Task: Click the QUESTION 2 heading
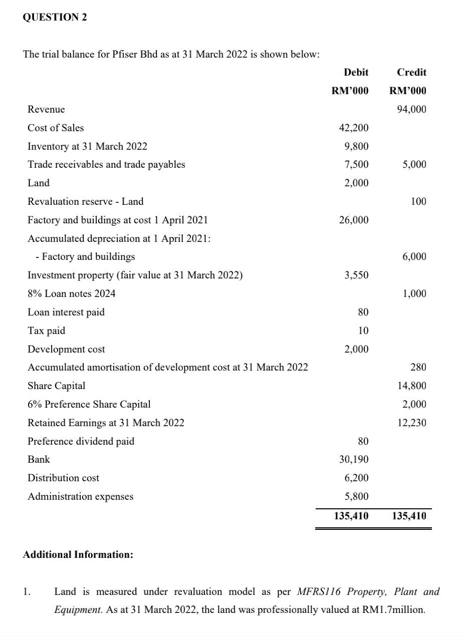tap(55, 17)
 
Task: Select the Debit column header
tap(356, 73)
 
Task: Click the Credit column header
tap(411, 73)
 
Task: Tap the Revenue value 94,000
tap(411, 110)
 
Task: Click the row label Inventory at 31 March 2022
tap(87, 146)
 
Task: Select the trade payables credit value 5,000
tap(414, 165)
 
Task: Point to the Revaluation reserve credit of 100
tap(418, 202)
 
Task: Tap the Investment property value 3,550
tap(356, 275)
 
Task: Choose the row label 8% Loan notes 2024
tap(71, 294)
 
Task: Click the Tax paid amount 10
tap(363, 331)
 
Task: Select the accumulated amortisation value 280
tap(418, 368)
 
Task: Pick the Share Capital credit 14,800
tap(411, 386)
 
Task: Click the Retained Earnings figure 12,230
tap(411, 423)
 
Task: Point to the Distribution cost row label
tap(63, 478)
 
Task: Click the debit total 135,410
tap(351, 516)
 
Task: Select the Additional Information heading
tap(78, 555)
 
